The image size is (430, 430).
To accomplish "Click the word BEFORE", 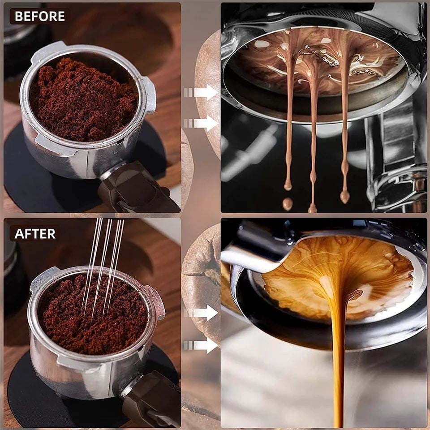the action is coord(40,16).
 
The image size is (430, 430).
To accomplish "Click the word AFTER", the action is coord(35,234).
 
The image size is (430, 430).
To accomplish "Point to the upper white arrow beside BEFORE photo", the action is coord(201,92).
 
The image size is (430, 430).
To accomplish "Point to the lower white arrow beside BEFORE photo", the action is coord(201,123).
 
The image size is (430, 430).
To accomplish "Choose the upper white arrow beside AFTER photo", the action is coord(201,313).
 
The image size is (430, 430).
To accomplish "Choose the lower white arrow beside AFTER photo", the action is coord(201,345).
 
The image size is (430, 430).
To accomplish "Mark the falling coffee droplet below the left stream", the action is coord(288,204).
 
